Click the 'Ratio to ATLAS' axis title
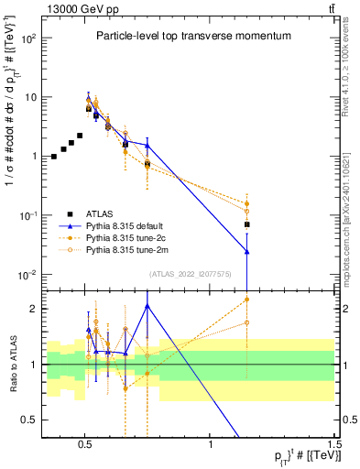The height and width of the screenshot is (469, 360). [12, 365]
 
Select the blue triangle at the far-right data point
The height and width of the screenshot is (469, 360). [247, 251]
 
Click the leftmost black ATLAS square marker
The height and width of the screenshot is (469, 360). [54, 157]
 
